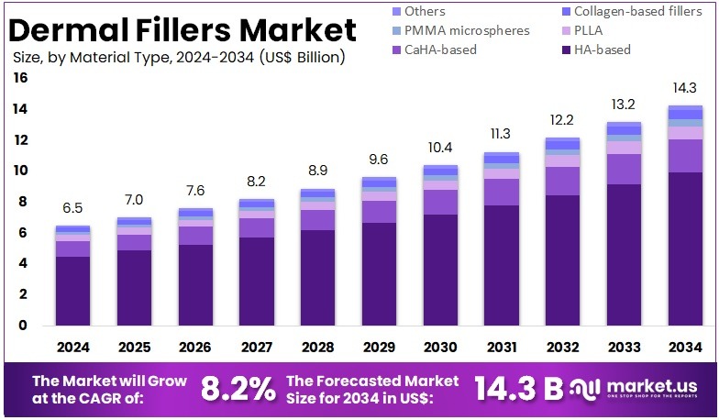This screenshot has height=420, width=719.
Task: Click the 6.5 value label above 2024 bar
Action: click(x=73, y=209)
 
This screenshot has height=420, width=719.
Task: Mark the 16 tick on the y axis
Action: click(x=20, y=79)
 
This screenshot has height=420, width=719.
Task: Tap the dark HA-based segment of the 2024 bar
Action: click(x=73, y=291)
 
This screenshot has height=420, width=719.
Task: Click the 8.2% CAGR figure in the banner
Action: click(x=238, y=389)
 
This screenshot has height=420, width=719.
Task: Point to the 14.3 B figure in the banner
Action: click(x=518, y=389)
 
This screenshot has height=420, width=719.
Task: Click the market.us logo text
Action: click(x=650, y=385)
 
